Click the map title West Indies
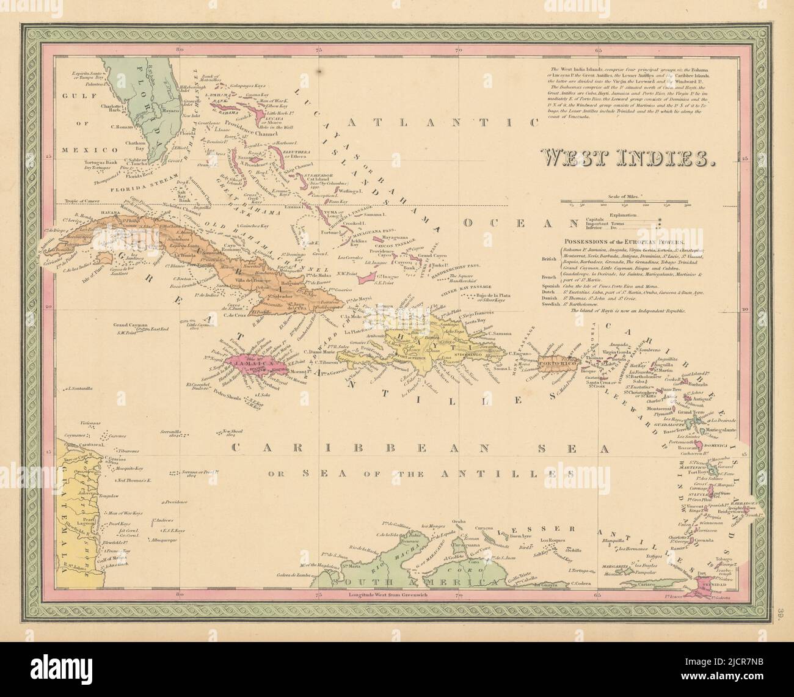[x=629, y=158]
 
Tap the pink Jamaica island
[x=247, y=365]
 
